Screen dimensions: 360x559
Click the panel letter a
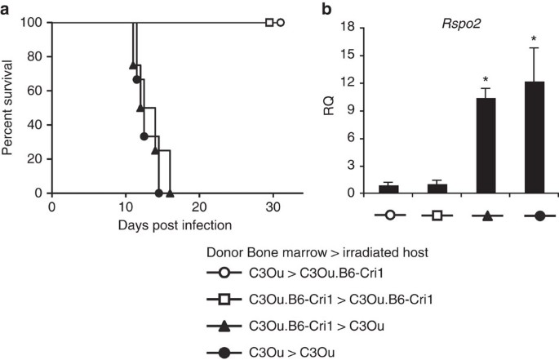pyautogui.click(x=6, y=9)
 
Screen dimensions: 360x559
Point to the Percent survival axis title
pyautogui.click(x=8, y=108)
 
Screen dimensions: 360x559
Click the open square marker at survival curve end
pyautogui.click(x=269, y=23)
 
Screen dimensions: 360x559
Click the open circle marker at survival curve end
pyautogui.click(x=281, y=23)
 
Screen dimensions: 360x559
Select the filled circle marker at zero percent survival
pyautogui.click(x=158, y=193)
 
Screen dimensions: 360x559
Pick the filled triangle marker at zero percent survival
pyautogui.click(x=170, y=193)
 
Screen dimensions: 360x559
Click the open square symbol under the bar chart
pyautogui.click(x=415, y=215)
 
